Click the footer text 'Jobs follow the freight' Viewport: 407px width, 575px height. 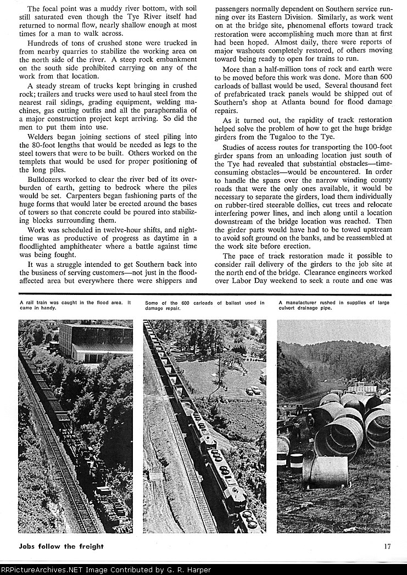click(61, 546)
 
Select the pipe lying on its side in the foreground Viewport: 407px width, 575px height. click(325, 471)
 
